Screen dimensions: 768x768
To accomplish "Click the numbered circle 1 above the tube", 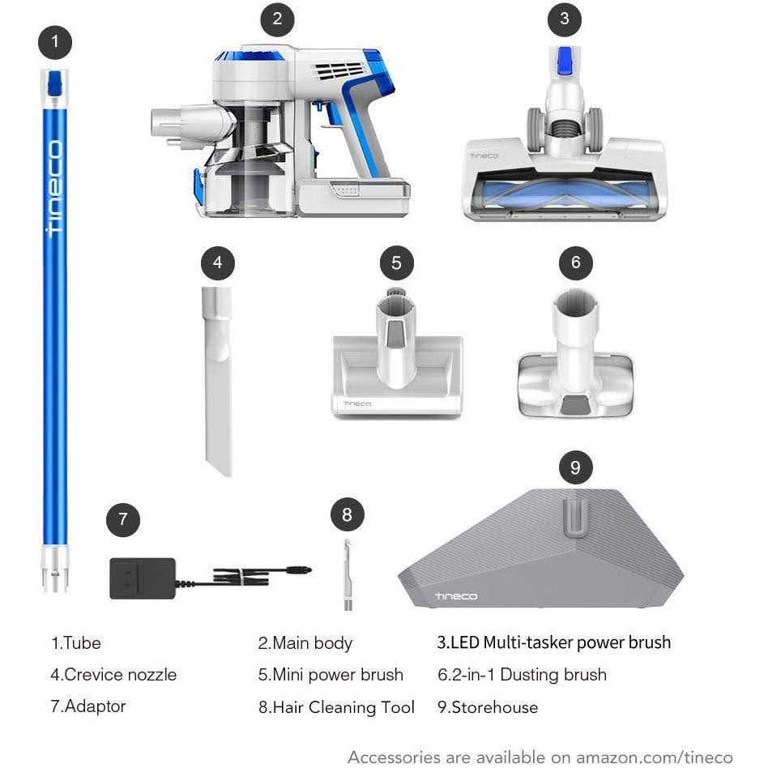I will point(55,42).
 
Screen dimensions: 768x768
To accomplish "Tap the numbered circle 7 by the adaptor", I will point(122,519).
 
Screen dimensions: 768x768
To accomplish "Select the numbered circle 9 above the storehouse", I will point(575,467).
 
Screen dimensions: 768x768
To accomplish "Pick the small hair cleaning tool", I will point(346,574).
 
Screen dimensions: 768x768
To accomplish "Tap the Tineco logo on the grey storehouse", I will point(456,596).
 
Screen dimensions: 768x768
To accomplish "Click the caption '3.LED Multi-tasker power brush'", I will point(554,642).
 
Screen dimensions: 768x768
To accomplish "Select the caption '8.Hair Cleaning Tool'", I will point(336,707).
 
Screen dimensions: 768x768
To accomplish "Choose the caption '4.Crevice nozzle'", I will point(113,675).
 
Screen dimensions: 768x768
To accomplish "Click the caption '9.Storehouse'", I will point(488,707).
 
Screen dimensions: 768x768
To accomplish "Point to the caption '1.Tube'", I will point(76,643).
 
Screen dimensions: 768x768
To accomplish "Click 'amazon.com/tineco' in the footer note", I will point(654,757).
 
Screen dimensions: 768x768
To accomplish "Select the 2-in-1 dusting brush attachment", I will point(574,356).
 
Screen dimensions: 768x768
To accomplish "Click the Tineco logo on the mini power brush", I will point(356,403).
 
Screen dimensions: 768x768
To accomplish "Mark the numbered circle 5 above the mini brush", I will point(396,262).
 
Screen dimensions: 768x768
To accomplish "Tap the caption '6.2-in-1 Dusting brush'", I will point(522,675).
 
